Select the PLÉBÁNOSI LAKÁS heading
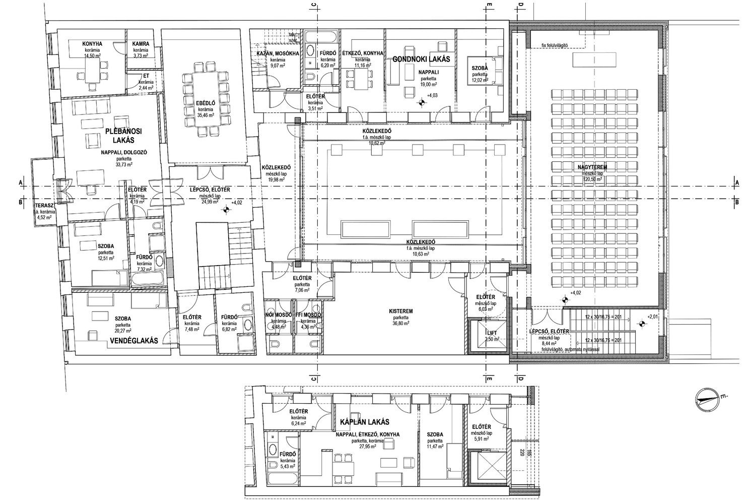pyautogui.click(x=123, y=136)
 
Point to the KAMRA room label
pyautogui.click(x=141, y=44)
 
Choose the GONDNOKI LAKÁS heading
pyautogui.click(x=421, y=59)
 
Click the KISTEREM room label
pyautogui.click(x=400, y=311)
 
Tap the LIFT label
pyautogui.click(x=492, y=333)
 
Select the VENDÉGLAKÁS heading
pyautogui.click(x=133, y=341)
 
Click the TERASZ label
pyautogui.click(x=44, y=206)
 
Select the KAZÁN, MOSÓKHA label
pyautogui.click(x=278, y=53)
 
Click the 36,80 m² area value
pyautogui.click(x=400, y=324)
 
